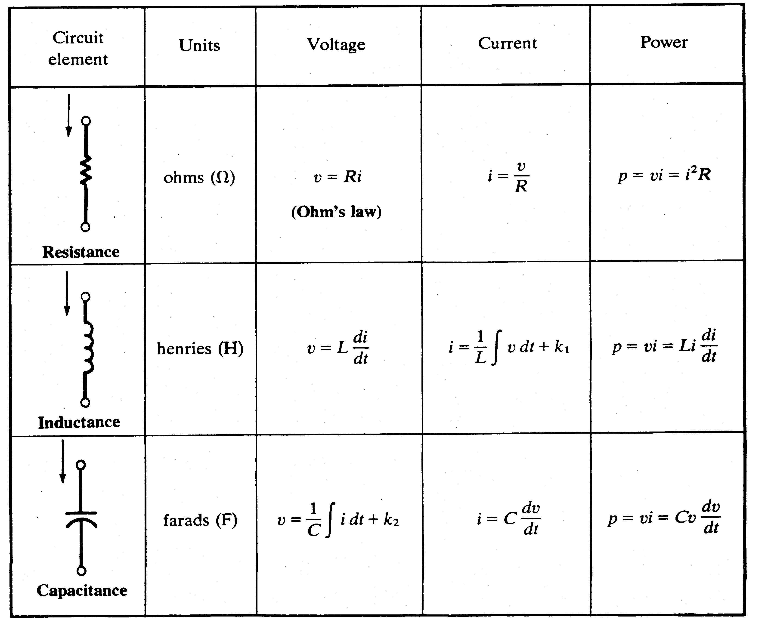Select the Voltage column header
pos(336,45)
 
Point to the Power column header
pos(664,42)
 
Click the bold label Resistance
pos(81,252)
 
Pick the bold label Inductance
pos(79,422)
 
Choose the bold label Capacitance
pos(82,591)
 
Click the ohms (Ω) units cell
pos(199,178)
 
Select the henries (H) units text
pos(200,348)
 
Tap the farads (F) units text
pos(200,520)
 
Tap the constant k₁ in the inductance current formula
pos(562,347)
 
